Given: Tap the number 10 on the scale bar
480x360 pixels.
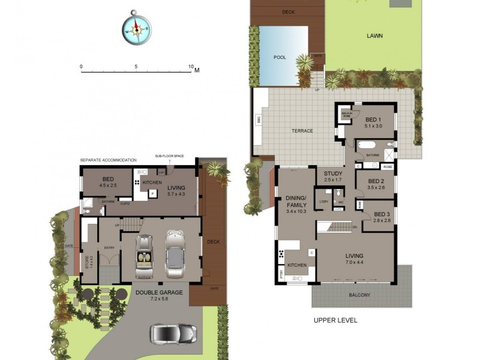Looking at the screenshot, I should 191,67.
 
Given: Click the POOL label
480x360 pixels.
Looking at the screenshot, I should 280,58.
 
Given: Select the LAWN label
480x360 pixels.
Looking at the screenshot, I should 374,35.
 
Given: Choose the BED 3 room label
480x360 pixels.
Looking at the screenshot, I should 382,214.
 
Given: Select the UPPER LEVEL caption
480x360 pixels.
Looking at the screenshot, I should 335,320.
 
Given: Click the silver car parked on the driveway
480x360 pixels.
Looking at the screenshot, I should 173,334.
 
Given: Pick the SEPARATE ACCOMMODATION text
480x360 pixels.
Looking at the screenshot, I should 109,160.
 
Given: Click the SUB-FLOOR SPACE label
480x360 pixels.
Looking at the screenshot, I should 169,156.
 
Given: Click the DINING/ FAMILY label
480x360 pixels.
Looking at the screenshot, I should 295,202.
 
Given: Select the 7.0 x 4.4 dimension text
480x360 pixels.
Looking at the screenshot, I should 355,262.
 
